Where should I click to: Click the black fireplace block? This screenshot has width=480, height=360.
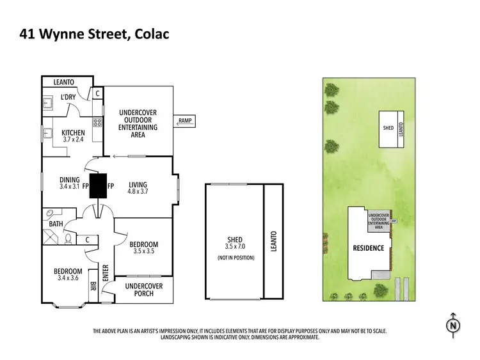tap(98, 186)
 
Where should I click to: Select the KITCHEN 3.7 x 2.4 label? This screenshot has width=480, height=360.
tap(74, 136)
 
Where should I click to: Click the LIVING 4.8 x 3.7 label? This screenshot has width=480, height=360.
tap(138, 187)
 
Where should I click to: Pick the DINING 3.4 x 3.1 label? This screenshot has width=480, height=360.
tap(69, 184)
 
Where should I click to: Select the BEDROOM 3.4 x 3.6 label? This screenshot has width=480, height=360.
tap(67, 274)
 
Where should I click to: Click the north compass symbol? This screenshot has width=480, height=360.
tap(453, 325)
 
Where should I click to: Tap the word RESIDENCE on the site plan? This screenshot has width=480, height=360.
tap(369, 248)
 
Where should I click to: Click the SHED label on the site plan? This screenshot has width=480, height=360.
tap(388, 128)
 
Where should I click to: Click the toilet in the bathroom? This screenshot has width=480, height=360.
tap(68, 240)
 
